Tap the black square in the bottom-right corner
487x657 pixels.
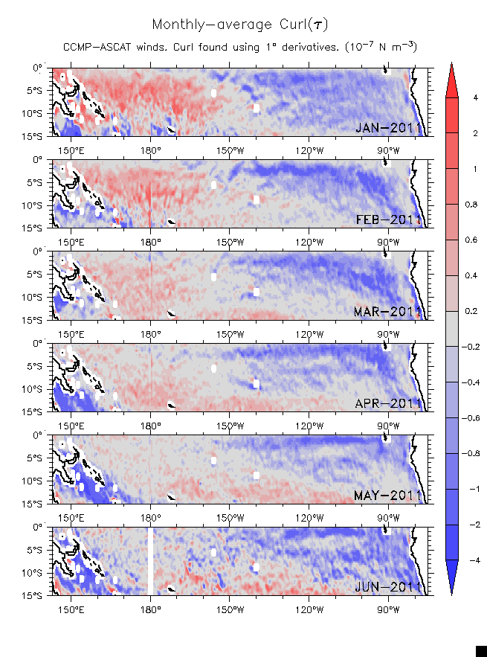481,651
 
